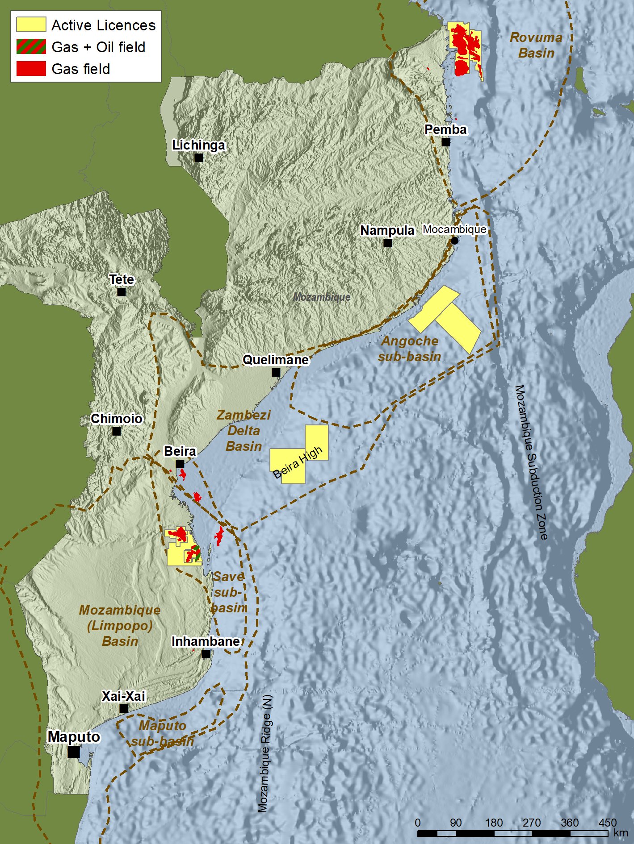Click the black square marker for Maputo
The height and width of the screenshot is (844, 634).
pyautogui.click(x=74, y=752)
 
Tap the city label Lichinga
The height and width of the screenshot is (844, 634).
pyautogui.click(x=199, y=146)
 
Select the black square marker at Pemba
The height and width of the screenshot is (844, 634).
pyautogui.click(x=446, y=142)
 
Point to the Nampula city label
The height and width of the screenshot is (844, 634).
pyautogui.click(x=387, y=230)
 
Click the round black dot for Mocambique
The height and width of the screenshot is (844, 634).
pyautogui.click(x=455, y=241)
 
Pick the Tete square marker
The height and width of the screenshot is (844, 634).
pyautogui.click(x=122, y=292)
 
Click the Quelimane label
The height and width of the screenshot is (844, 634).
pyautogui.click(x=276, y=360)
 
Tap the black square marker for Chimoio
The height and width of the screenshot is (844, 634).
pyautogui.click(x=117, y=431)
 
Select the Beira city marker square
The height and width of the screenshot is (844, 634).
pyautogui.click(x=180, y=464)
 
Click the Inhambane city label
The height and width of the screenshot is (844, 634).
pyautogui.click(x=206, y=641)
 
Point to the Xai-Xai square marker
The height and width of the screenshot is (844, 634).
pyautogui.click(x=124, y=708)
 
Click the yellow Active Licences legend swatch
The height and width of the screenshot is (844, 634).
pyautogui.click(x=31, y=25)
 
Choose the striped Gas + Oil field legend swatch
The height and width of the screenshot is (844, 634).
pyautogui.click(x=31, y=46)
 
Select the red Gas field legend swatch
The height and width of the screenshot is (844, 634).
pyautogui.click(x=31, y=68)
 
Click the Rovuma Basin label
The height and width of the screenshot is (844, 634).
pyautogui.click(x=536, y=45)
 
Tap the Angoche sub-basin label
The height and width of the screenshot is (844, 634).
pyautogui.click(x=409, y=349)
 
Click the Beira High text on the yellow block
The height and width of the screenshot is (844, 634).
pyautogui.click(x=298, y=463)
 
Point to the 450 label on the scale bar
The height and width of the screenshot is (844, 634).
pyautogui.click(x=608, y=823)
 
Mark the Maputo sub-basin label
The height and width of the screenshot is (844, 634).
pyautogui.click(x=163, y=733)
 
